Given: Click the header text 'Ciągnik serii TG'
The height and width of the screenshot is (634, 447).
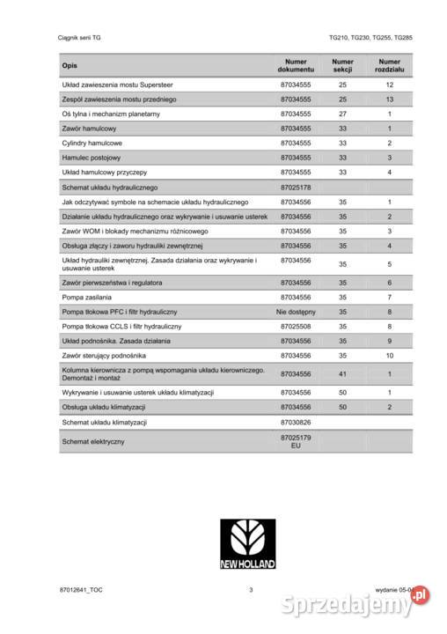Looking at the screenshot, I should coord(80,39).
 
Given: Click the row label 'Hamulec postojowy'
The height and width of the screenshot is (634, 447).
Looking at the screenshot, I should coord(92,158).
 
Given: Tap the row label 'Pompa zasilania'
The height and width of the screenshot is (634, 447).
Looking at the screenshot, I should coord(87,297).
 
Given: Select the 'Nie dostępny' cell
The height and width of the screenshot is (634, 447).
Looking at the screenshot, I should coord(296,311).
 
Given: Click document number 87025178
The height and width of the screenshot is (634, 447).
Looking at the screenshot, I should coord(296,188).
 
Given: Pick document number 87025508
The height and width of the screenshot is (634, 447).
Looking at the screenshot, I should coord(296,325).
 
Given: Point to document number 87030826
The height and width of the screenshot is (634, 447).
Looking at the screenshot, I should coord(296,422).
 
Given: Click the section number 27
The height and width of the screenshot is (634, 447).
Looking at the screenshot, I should coord(342,114).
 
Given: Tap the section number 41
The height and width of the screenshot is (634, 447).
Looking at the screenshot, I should coord(342,374).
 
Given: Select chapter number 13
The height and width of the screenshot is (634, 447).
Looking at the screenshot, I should coord(389,100).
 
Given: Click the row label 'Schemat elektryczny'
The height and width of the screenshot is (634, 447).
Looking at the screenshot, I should coord(93,440).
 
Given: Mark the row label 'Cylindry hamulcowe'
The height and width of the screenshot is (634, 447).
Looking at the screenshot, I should coord(92,143).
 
